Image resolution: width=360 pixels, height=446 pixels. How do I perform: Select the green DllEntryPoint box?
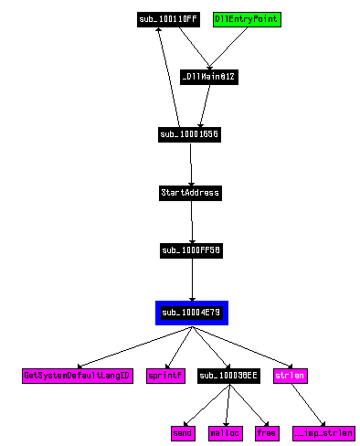pos(246,18)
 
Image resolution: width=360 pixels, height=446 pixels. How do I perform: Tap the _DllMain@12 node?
pos(209,77)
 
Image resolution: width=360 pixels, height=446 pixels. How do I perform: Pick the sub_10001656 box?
pos(189,134)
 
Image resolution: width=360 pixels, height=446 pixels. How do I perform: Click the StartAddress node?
pos(190,193)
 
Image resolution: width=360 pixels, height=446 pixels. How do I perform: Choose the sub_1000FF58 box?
pos(191,250)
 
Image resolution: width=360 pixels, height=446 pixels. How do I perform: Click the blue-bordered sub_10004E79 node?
pos(191,313)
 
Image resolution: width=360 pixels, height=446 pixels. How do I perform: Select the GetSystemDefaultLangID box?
pos(78,376)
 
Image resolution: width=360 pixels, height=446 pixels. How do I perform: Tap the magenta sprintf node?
pos(166,376)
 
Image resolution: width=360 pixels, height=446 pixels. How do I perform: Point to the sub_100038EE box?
pos(228,376)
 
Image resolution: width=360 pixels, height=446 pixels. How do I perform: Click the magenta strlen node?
pos(290,376)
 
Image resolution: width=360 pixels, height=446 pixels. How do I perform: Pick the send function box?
pos(183,432)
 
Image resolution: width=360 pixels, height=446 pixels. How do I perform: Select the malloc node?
pos(225,432)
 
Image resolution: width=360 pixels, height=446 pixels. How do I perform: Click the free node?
pos(267,432)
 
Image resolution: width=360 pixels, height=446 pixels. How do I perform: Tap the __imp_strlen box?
pos(323,432)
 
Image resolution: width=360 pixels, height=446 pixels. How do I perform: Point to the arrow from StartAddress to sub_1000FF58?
pos(191,221)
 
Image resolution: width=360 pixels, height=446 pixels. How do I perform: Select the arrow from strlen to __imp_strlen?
pos(306,403)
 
